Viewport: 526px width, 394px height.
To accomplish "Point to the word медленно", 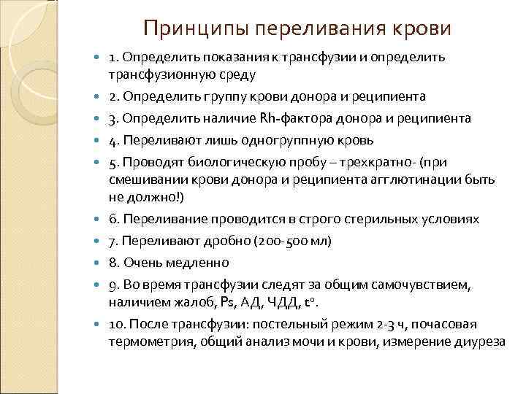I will (x=195, y=262).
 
